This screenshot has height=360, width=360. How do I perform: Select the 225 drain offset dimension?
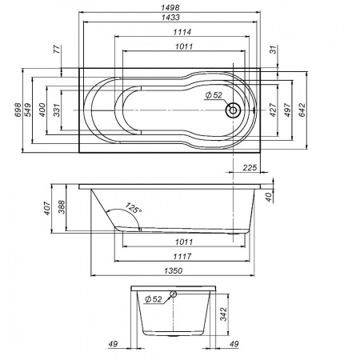click(x=249, y=167)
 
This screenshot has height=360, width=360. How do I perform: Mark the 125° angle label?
click(x=134, y=210)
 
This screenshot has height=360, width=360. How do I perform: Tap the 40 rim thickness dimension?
click(x=270, y=192)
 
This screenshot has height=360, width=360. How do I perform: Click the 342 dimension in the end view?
click(x=226, y=313)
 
